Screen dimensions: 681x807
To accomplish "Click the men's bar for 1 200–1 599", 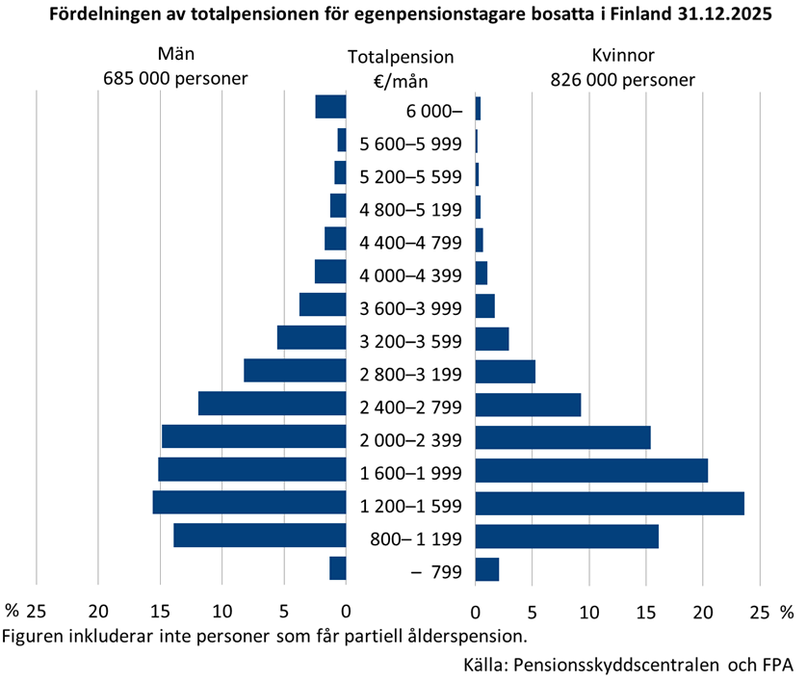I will click(248, 503).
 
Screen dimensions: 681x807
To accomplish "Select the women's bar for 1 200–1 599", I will click(610, 503).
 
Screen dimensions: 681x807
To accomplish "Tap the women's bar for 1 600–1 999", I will click(591, 470).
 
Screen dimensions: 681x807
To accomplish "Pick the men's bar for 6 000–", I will click(330, 107).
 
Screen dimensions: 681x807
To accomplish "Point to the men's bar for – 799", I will click(337, 568).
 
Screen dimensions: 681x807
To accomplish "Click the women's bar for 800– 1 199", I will click(566, 537).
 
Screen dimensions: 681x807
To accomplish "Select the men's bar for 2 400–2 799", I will click(272, 404).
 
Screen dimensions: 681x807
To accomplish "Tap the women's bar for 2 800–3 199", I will click(505, 371).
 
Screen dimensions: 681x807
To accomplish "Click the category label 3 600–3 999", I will click(410, 308).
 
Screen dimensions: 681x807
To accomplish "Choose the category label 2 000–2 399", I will click(410, 440).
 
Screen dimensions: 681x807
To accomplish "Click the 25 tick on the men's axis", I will click(37, 610).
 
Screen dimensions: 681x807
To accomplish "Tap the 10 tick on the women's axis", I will click(588, 610).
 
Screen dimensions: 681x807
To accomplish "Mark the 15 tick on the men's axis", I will click(160, 610).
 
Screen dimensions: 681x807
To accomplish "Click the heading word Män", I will click(175, 56).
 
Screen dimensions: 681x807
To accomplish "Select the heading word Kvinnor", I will click(622, 56).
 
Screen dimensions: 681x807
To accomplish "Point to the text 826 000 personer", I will click(622, 80).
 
